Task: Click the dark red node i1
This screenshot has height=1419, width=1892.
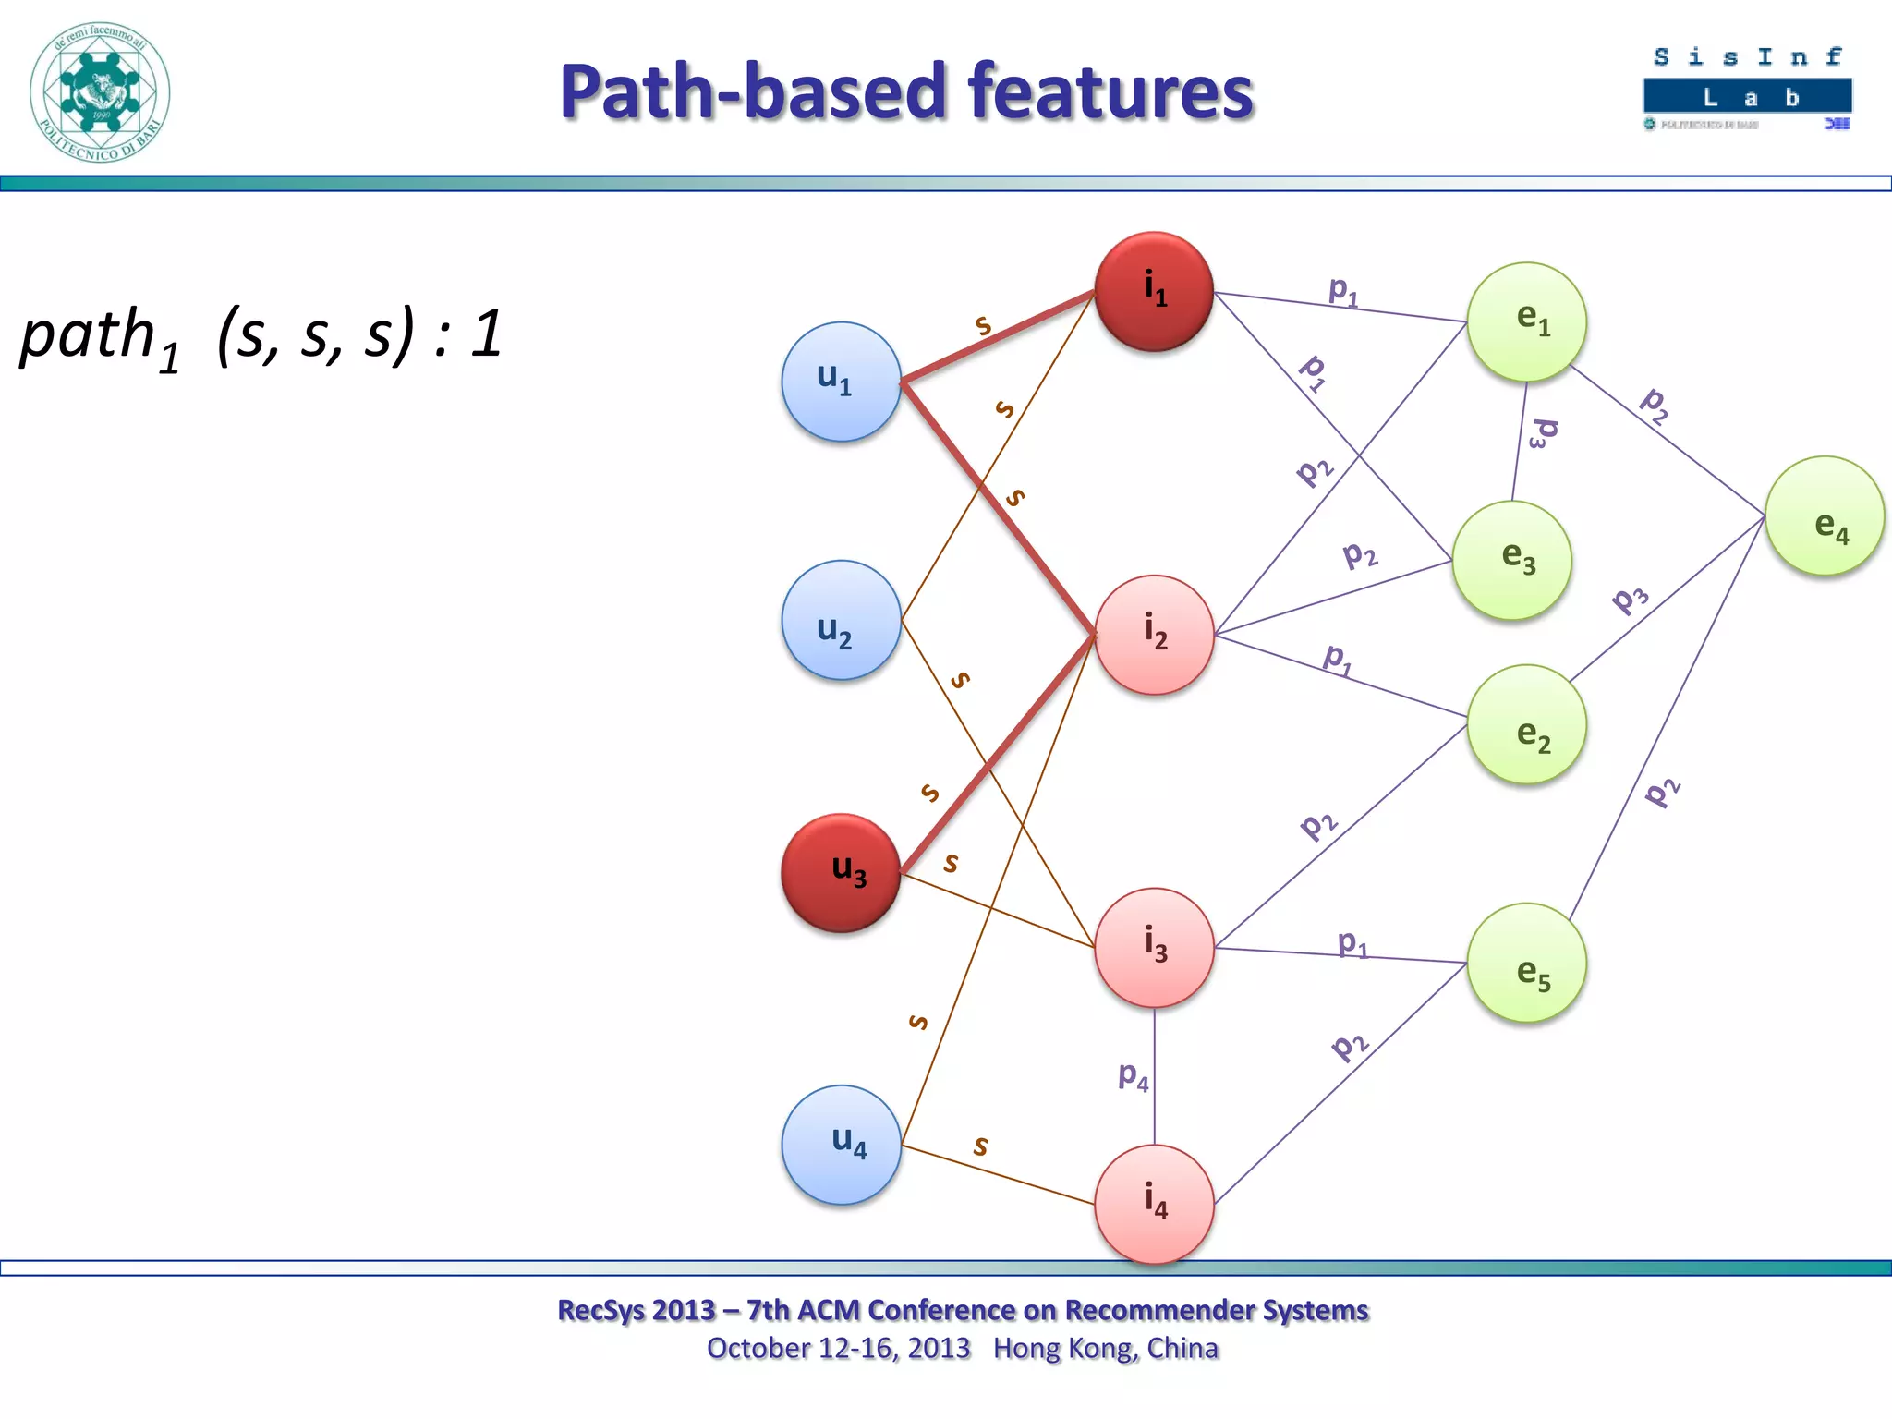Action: (1154, 291)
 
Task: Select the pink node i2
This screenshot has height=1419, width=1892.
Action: (1154, 635)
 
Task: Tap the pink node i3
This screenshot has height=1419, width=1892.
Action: (1154, 948)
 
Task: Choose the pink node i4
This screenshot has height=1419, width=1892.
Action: (1154, 1204)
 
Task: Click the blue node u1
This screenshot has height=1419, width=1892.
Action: (841, 382)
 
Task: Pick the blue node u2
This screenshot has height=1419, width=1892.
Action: (841, 620)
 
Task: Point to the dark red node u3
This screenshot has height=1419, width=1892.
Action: (841, 873)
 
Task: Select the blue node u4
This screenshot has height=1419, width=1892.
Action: (841, 1145)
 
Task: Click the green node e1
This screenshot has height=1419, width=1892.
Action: (1526, 321)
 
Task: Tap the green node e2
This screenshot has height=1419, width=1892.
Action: (1526, 724)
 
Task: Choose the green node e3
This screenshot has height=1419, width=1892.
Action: (1511, 560)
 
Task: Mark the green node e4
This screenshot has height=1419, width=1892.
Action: (1825, 515)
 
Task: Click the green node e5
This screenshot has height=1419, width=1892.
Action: (1526, 963)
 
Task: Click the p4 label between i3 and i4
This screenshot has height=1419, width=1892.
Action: (1134, 1076)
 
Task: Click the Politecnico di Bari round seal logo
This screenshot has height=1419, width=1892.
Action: (100, 92)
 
